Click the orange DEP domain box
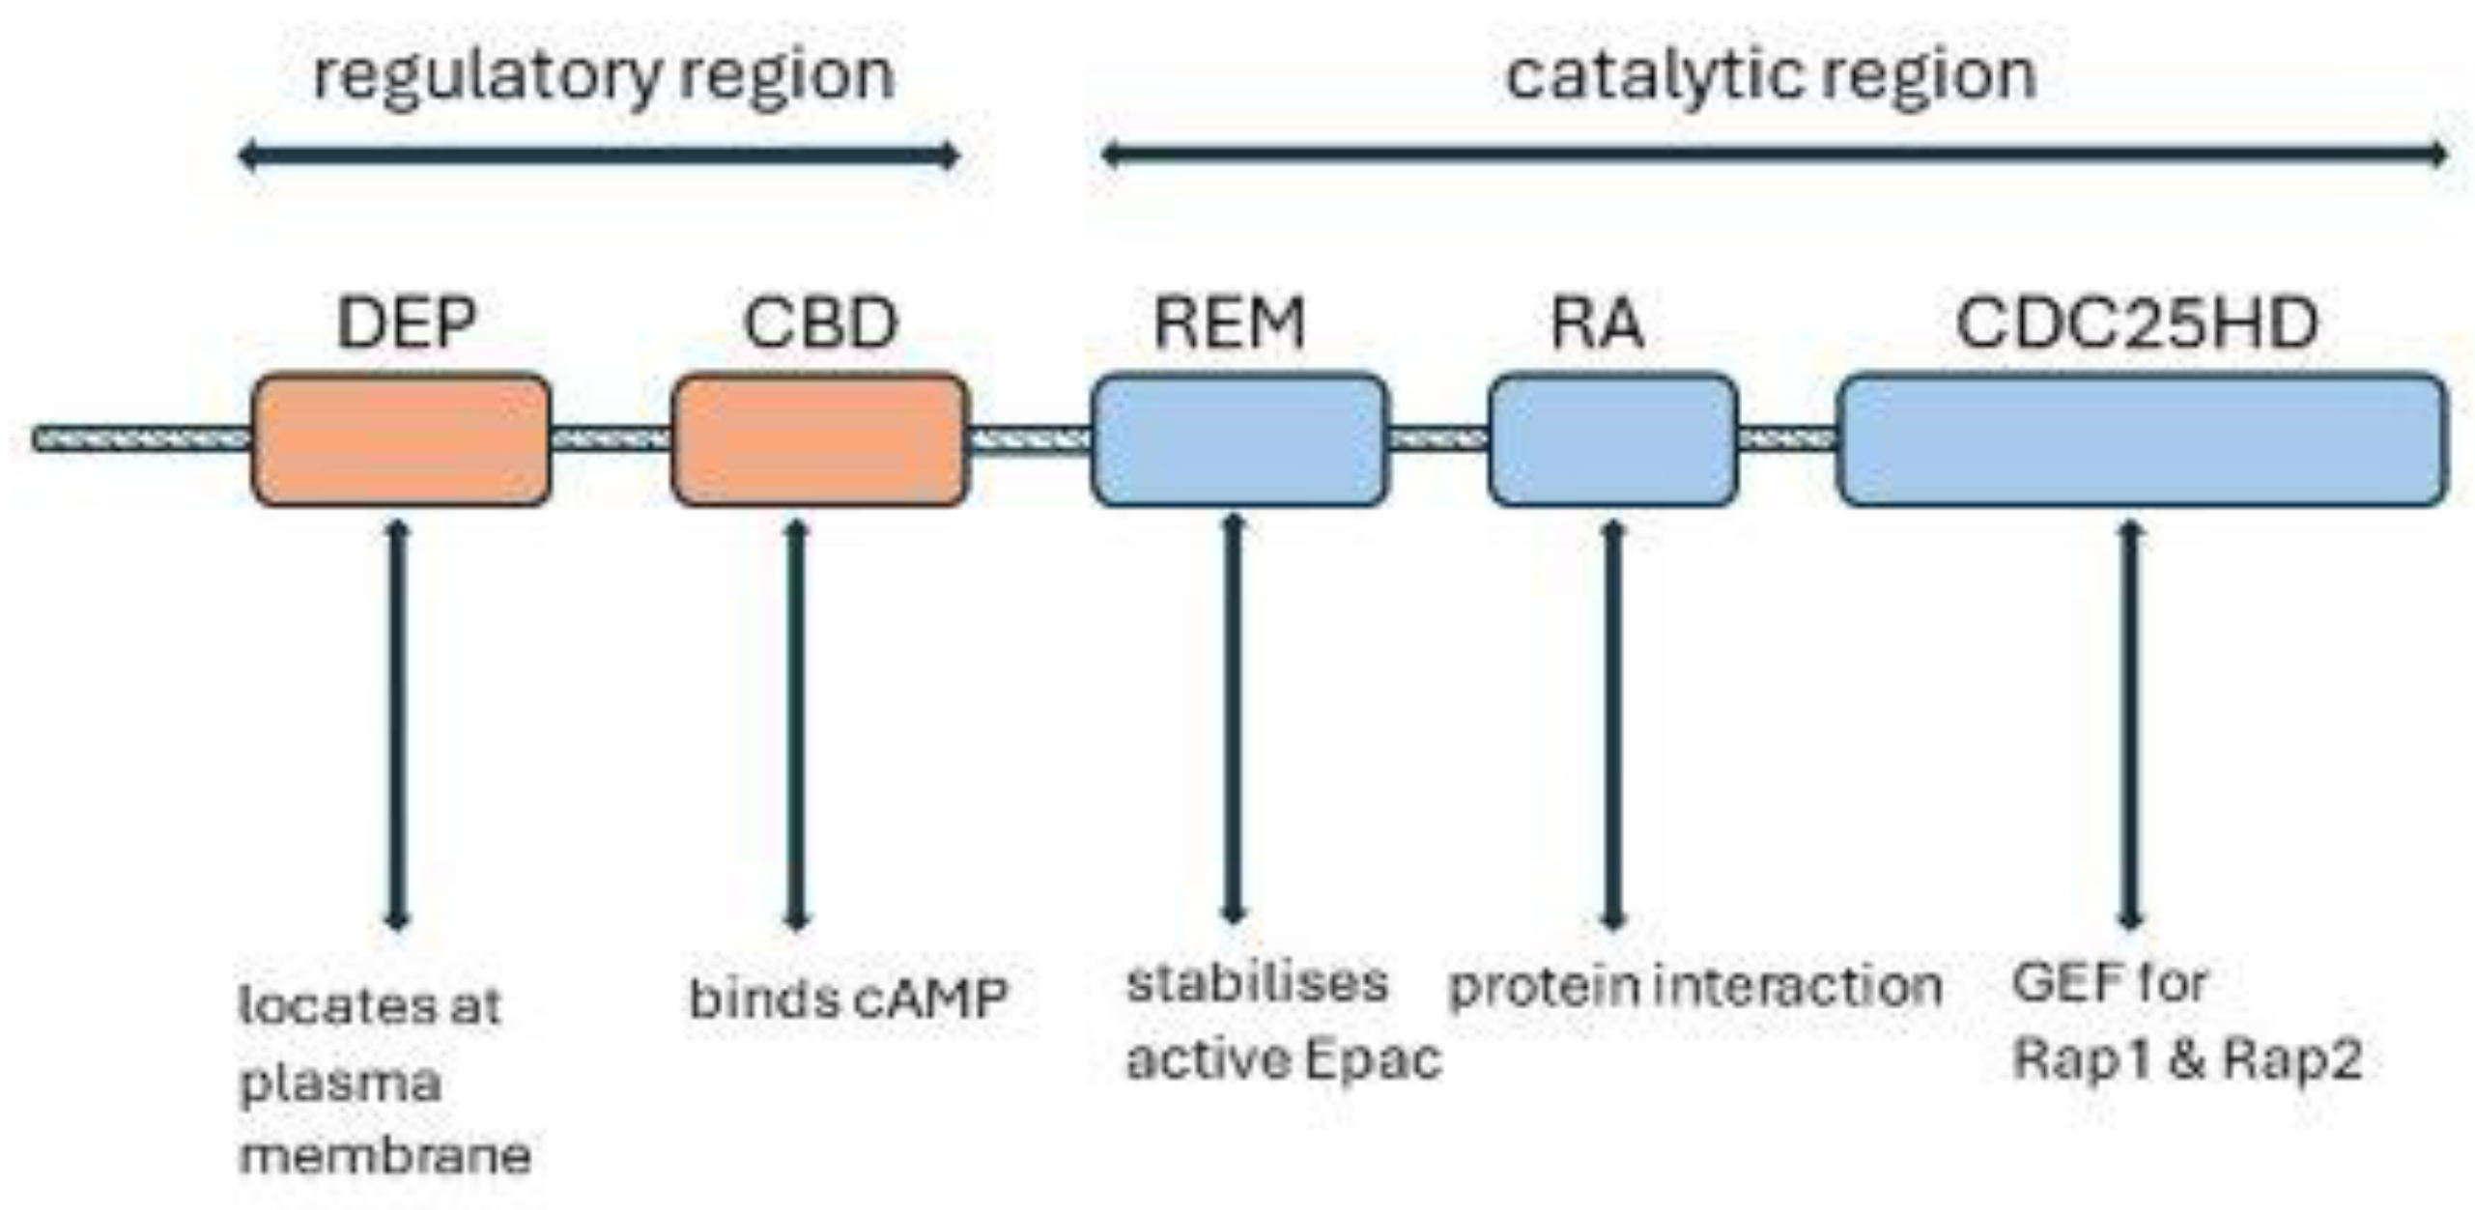pos(401,439)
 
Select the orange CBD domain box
pos(819,439)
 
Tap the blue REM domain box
pos(1239,439)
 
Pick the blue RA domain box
pos(1612,439)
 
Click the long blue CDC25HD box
pos(2142,439)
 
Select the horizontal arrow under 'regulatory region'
pos(599,155)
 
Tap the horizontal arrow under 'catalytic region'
pos(1774,155)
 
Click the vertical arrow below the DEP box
pos(397,724)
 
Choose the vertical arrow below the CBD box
pos(795,724)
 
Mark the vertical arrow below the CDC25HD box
pos(2130,724)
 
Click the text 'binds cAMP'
pos(847,998)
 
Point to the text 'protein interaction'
pos(1695,987)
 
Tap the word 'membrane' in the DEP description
pos(385,1155)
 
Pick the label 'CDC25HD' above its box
pos(2137,324)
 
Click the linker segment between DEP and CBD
pos(611,439)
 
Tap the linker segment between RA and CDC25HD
pos(1787,439)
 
